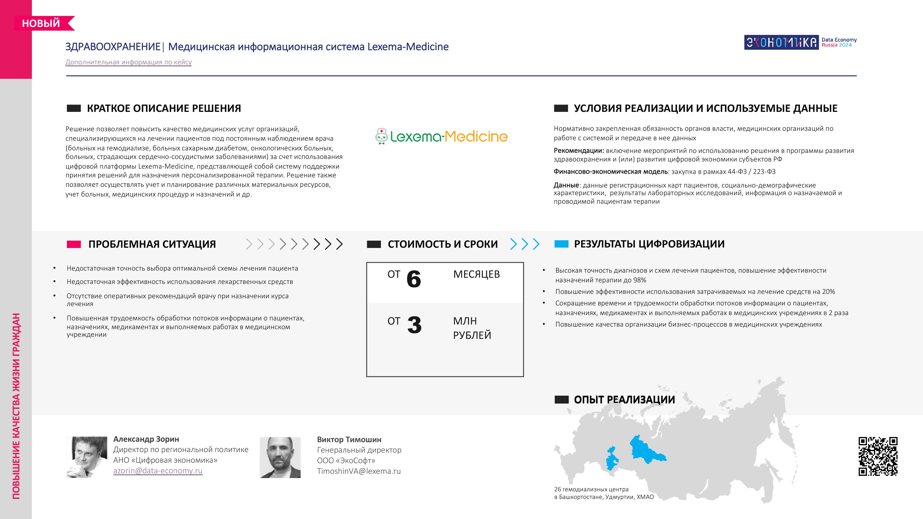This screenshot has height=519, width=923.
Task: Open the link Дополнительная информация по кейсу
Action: (x=129, y=62)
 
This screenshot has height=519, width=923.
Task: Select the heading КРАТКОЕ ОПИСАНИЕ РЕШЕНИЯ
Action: (x=164, y=108)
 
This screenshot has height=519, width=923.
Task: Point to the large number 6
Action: (x=414, y=279)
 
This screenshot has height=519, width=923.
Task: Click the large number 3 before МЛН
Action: (x=414, y=325)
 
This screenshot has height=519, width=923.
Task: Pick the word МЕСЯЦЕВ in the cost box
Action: (x=476, y=274)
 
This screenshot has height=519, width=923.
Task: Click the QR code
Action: (x=878, y=456)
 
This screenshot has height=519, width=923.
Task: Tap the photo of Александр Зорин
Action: (x=87, y=457)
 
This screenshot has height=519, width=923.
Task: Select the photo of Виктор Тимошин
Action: (x=280, y=457)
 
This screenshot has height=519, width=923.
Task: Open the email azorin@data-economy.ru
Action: (x=158, y=471)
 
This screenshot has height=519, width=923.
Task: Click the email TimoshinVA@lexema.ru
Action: (x=359, y=471)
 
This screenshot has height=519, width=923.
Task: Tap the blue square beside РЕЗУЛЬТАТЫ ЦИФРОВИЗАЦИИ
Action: (x=561, y=244)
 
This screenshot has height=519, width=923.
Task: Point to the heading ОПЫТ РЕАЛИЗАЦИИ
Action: (x=624, y=400)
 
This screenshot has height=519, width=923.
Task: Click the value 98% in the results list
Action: (x=639, y=280)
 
